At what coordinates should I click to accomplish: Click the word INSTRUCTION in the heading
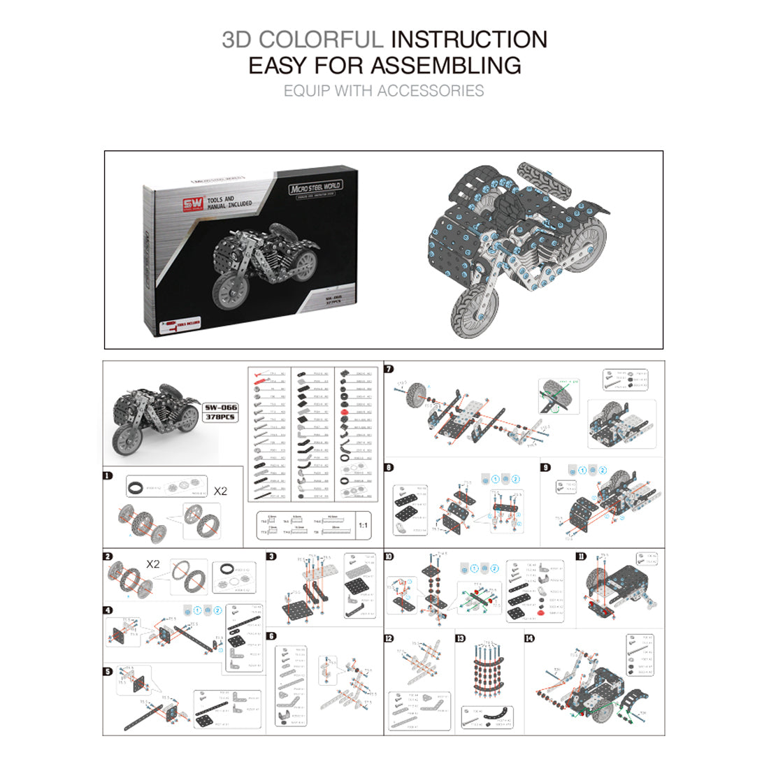pyautogui.click(x=468, y=39)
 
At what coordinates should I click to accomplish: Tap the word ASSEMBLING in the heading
pyautogui.click(x=445, y=65)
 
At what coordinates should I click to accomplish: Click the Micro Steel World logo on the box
pyautogui.click(x=315, y=187)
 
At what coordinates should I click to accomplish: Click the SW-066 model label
pyautogui.click(x=220, y=408)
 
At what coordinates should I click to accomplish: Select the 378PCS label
pyautogui.click(x=220, y=417)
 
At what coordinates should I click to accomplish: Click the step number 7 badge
pyautogui.click(x=389, y=369)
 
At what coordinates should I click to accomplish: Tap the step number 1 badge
pyautogui.click(x=108, y=476)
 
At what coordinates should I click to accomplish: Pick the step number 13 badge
pyautogui.click(x=460, y=638)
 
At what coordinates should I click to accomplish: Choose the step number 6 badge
pyautogui.click(x=271, y=636)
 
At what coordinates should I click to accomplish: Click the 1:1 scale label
pyautogui.click(x=364, y=525)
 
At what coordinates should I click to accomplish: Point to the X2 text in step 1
pyautogui.click(x=220, y=491)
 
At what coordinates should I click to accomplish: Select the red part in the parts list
pyautogui.click(x=344, y=412)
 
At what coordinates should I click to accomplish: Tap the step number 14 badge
pyautogui.click(x=529, y=638)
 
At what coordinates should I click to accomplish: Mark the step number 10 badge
pyautogui.click(x=389, y=557)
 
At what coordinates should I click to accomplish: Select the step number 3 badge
pyautogui.click(x=271, y=557)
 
